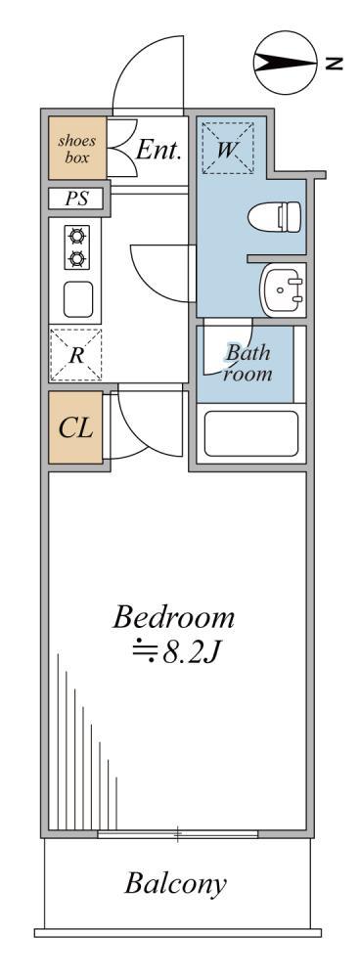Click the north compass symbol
(286, 63)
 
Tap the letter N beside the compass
(334, 63)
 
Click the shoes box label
(77, 149)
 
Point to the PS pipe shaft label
(76, 200)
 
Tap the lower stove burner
(76, 258)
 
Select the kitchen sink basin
(78, 298)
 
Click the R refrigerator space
(76, 355)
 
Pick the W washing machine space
(228, 149)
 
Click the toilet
(275, 217)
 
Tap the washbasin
(284, 289)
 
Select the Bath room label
(248, 363)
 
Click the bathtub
(251, 433)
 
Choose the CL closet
(75, 427)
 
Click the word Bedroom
(173, 618)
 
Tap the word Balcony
(175, 884)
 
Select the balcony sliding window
(178, 833)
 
